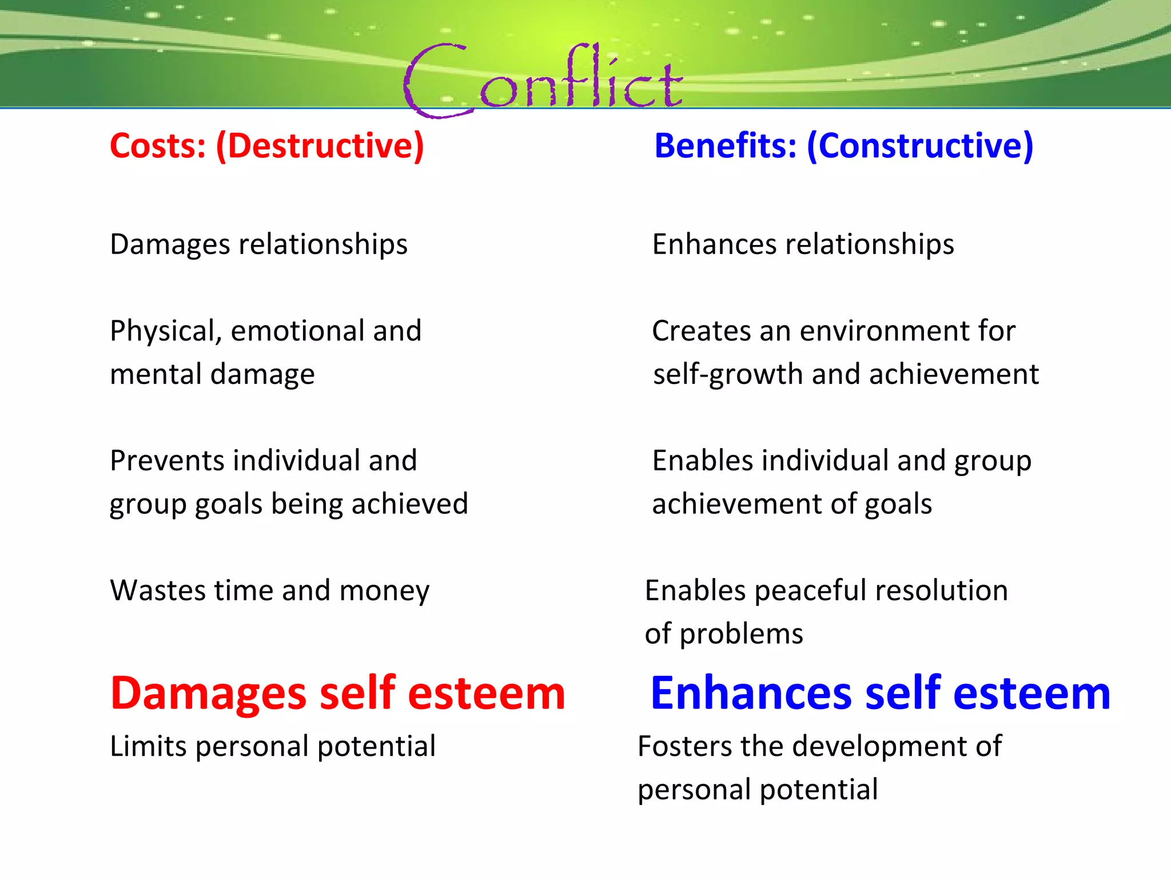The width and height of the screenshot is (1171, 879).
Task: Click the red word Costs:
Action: coord(158,145)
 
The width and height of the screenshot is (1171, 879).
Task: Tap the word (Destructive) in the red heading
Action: coord(320,146)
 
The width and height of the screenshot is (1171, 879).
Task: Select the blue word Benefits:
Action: coord(725,145)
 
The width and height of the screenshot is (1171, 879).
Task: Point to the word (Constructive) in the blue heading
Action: coord(920,146)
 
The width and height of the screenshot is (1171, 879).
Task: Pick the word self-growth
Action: coord(728,375)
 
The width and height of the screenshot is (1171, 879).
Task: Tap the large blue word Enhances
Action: coord(751,694)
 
